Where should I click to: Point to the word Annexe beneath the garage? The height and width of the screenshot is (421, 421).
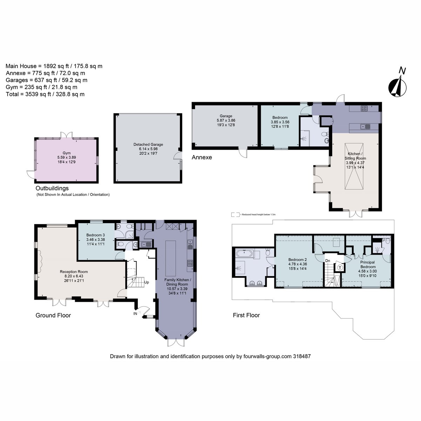pos(202,157)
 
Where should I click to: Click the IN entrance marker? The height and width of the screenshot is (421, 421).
pos(135,314)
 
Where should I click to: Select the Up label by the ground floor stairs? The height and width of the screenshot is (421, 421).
pos(146,282)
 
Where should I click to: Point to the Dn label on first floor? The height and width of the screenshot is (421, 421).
pos(327,261)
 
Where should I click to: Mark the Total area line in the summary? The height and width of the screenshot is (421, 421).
pos(45,94)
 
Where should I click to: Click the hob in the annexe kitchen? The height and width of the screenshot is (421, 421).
pos(364,108)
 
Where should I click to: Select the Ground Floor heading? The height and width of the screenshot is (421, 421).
pos(53,315)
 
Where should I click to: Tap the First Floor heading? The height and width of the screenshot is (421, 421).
pos(246,315)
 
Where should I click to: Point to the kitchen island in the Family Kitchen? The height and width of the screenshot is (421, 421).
pos(171,259)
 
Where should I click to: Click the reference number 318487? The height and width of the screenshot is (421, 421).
pos(302,356)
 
